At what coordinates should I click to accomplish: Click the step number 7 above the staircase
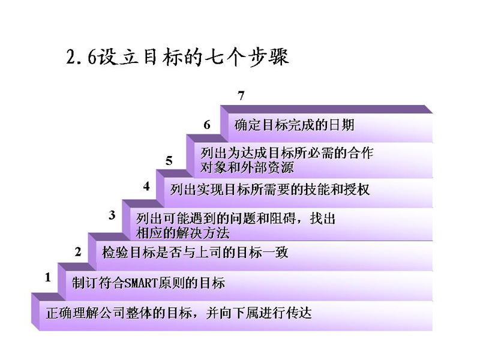pyautogui.click(x=241, y=96)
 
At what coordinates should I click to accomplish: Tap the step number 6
pyautogui.click(x=207, y=125)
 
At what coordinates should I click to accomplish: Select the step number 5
pyautogui.click(x=169, y=161)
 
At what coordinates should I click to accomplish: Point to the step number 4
pyautogui.click(x=146, y=186)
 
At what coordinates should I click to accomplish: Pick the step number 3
pyautogui.click(x=112, y=215)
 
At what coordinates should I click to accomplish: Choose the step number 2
pyautogui.click(x=78, y=252)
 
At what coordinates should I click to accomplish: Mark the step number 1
pyautogui.click(x=48, y=277)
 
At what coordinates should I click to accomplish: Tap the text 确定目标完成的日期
pyautogui.click(x=294, y=125)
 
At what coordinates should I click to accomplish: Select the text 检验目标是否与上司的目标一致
pyautogui.click(x=195, y=253)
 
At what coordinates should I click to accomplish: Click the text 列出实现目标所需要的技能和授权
pyautogui.click(x=270, y=190)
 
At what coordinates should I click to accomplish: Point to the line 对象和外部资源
pyautogui.click(x=247, y=167)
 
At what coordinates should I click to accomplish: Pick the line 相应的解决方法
pyautogui.click(x=183, y=233)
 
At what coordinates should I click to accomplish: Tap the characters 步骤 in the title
pyautogui.click(x=268, y=57)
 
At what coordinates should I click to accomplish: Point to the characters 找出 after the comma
pyautogui.click(x=323, y=219)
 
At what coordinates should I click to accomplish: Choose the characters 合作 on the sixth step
pyautogui.click(x=361, y=153)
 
